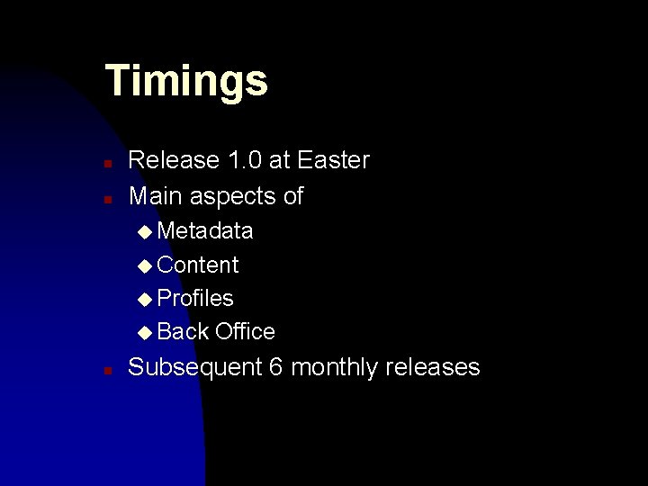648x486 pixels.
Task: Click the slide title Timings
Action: tap(186, 81)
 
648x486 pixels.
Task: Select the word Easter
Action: tap(333, 160)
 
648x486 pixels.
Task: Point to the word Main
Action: tap(154, 196)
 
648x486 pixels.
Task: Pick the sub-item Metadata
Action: tap(204, 231)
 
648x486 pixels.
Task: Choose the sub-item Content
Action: tap(197, 265)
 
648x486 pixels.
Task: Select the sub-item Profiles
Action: tap(195, 298)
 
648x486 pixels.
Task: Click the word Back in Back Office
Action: tap(183, 331)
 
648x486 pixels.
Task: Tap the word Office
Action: tap(245, 331)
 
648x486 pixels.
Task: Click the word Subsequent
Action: tap(194, 367)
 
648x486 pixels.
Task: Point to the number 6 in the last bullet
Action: tap(275, 367)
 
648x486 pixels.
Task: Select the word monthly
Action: tap(334, 367)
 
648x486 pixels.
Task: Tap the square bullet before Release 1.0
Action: tap(106, 164)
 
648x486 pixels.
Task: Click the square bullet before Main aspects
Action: tap(106, 199)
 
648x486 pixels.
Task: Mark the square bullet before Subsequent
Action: tap(106, 370)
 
